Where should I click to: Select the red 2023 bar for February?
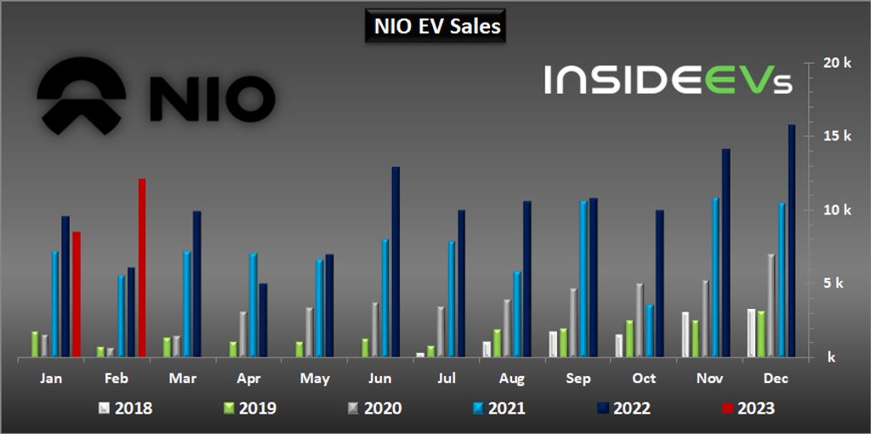click(142, 268)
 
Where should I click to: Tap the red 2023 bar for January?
click(76, 294)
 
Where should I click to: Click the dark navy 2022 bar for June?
click(396, 262)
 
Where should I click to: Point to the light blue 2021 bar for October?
click(649, 330)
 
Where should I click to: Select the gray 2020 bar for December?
click(771, 306)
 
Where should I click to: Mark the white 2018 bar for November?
click(686, 334)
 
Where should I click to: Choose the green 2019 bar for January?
click(35, 344)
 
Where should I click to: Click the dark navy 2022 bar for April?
click(263, 320)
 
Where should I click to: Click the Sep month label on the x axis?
click(578, 378)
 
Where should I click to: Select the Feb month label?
click(117, 378)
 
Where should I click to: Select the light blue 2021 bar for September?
click(584, 279)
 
